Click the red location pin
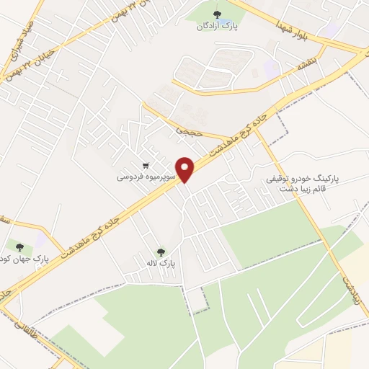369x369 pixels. pyautogui.click(x=185, y=169)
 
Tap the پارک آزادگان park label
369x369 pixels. pyautogui.click(x=217, y=27)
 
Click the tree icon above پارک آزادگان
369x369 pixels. pyautogui.click(x=217, y=14)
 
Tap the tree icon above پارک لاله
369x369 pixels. pyautogui.click(x=161, y=252)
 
